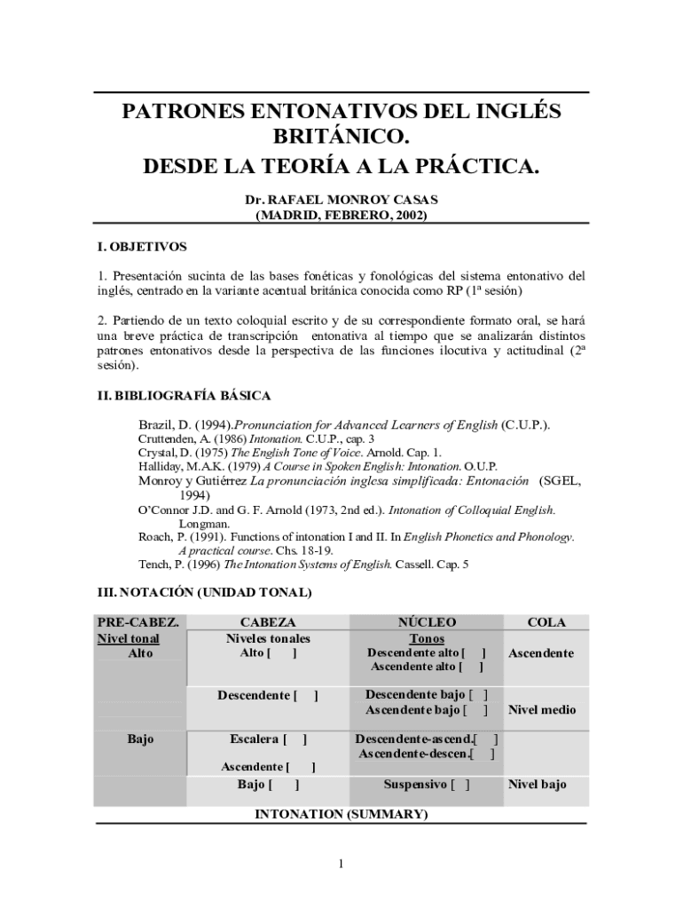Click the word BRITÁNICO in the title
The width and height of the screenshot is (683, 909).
pyautogui.click(x=341, y=138)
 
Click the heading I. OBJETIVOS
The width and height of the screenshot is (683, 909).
pyautogui.click(x=141, y=246)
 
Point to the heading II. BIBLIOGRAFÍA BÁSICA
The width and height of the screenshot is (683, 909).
pyautogui.click(x=184, y=395)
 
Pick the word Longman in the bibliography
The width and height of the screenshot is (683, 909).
pyautogui.click(x=203, y=524)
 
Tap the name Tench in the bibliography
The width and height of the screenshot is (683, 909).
pyautogui.click(x=154, y=564)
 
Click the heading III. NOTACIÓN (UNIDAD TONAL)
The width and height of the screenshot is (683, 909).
pyautogui.click(x=203, y=592)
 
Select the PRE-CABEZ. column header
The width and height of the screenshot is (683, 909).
pyautogui.click(x=137, y=622)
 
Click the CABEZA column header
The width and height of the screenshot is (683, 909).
pyautogui.click(x=268, y=622)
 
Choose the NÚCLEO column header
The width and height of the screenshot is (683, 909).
pyautogui.click(x=428, y=622)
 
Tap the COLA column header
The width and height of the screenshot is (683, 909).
pyautogui.click(x=546, y=622)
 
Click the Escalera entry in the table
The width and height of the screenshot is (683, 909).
pyautogui.click(x=255, y=739)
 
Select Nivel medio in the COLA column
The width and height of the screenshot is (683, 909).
pyautogui.click(x=541, y=710)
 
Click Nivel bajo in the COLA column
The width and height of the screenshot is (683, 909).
pyautogui.click(x=537, y=785)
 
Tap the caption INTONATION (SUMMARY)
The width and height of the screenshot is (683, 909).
pyautogui.click(x=341, y=814)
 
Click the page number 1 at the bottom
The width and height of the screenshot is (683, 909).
pyautogui.click(x=341, y=864)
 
